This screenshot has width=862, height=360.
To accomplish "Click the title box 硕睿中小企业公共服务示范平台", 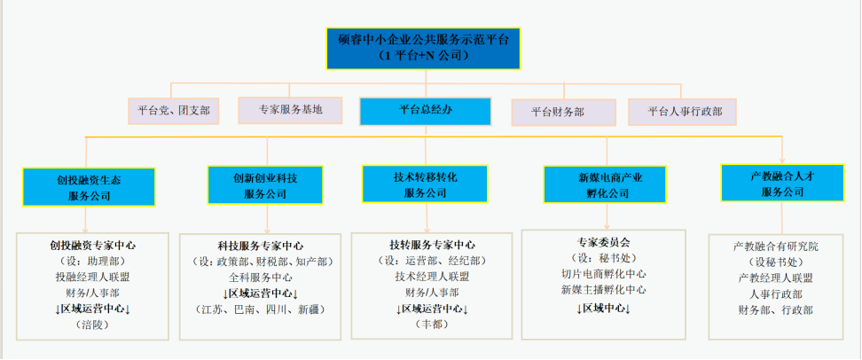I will point(423,48).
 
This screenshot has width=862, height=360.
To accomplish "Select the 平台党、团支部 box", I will point(174,111).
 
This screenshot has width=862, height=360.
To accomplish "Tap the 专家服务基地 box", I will point(290,110).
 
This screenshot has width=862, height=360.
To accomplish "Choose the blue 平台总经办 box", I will point(425,110).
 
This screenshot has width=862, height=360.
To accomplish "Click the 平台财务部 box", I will point(563,112).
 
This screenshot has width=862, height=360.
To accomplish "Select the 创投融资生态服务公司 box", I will point(89,186).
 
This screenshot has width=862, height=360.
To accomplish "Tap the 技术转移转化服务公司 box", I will point(425,184).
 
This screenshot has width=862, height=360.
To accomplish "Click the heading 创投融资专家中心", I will point(93,245).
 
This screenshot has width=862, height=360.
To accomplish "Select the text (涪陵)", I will point(91,325).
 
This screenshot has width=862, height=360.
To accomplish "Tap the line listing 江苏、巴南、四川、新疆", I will point(260,309).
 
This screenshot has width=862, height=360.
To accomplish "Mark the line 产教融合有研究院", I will point(776,246).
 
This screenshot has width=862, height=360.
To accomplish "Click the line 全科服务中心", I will point(261,277).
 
